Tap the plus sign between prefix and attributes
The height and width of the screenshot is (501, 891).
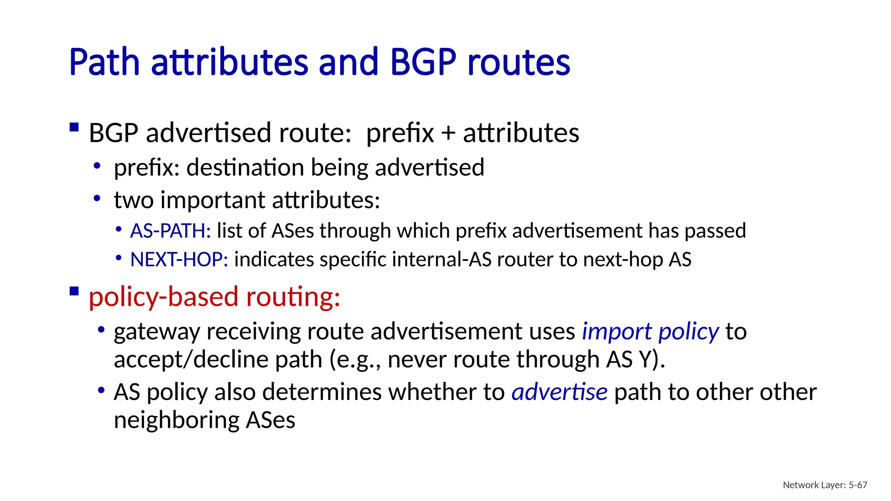pyautogui.click(x=448, y=133)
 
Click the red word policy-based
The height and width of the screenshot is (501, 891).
pyautogui.click(x=164, y=297)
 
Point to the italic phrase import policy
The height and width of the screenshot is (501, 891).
pyautogui.click(x=650, y=332)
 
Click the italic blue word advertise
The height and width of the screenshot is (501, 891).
pyautogui.click(x=559, y=392)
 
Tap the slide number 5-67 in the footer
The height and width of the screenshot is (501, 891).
pyautogui.click(x=858, y=485)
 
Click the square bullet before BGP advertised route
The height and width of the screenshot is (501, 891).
pyautogui.click(x=74, y=127)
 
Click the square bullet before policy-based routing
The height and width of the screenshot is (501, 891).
pyautogui.click(x=74, y=291)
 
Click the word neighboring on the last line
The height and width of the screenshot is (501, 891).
pyautogui.click(x=176, y=420)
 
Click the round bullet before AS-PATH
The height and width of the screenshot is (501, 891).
pyautogui.click(x=119, y=229)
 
